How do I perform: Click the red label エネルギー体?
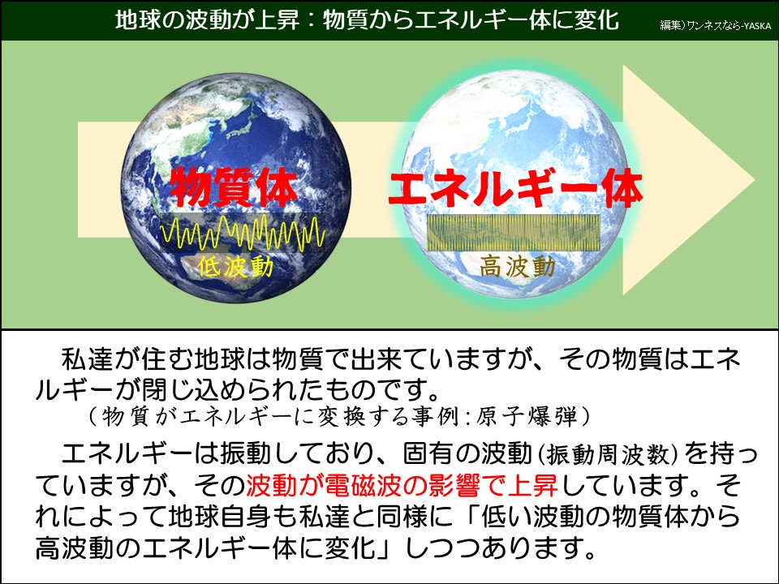point(516,189)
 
